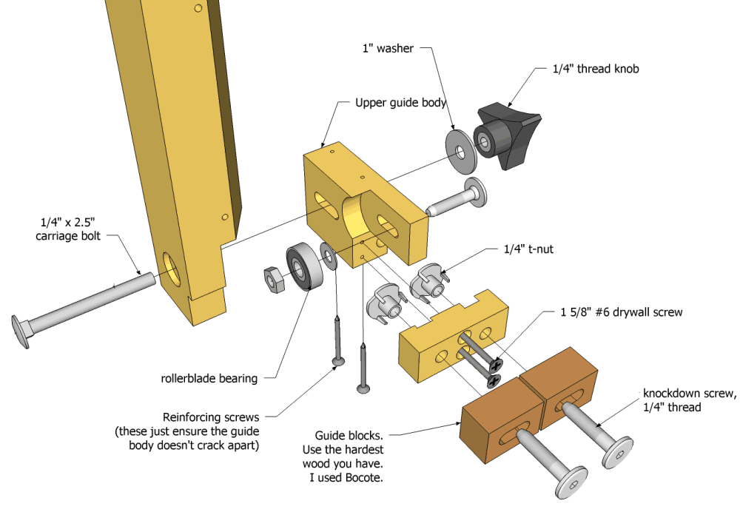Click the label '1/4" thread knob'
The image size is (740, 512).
[x=595, y=69]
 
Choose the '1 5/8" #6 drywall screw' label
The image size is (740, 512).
[x=619, y=312]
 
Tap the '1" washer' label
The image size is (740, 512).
[x=387, y=49]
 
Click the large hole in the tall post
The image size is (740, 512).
[x=171, y=269]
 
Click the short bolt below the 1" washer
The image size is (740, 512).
[x=457, y=198]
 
